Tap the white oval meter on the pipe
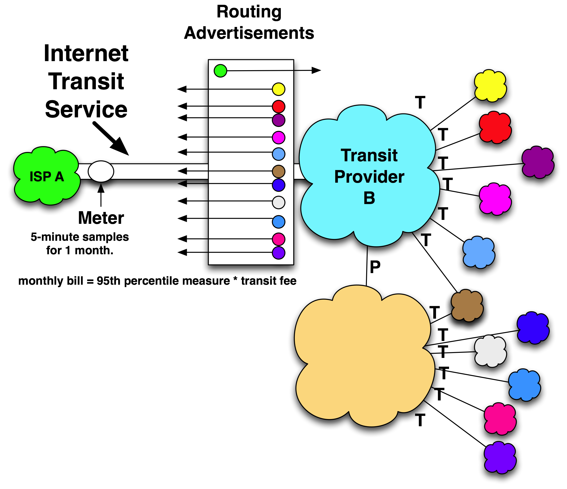click(101, 171)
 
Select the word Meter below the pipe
click(101, 218)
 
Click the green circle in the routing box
click(220, 71)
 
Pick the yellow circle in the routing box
click(278, 89)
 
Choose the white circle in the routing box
click(278, 202)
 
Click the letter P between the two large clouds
click(375, 267)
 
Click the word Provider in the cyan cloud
click(369, 177)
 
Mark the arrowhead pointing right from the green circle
click(316, 70)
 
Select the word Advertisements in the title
click(249, 33)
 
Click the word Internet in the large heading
click(86, 54)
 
